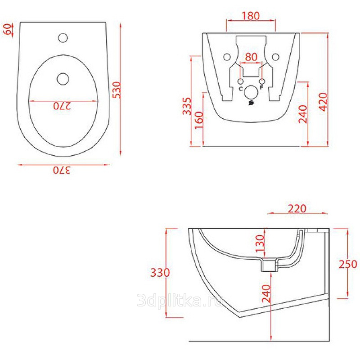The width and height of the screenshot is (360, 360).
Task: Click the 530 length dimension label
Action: pyautogui.click(x=117, y=90)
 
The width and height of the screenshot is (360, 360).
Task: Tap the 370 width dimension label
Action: pyautogui.click(x=62, y=171)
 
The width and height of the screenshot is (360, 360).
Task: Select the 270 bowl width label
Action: pyautogui.click(x=62, y=106)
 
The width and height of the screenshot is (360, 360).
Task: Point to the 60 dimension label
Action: pyautogui.click(x=8, y=29)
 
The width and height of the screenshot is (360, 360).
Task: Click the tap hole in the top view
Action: pyautogui.click(x=63, y=38)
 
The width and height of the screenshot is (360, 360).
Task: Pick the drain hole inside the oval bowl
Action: pyautogui.click(x=63, y=79)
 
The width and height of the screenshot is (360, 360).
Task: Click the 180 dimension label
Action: pyautogui.click(x=251, y=16)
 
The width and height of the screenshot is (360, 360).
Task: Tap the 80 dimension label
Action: pyautogui.click(x=251, y=57)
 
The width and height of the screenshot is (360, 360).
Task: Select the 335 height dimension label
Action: pyautogui.click(x=187, y=106)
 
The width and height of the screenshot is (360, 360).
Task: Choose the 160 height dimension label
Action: pyautogui.click(x=199, y=120)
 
